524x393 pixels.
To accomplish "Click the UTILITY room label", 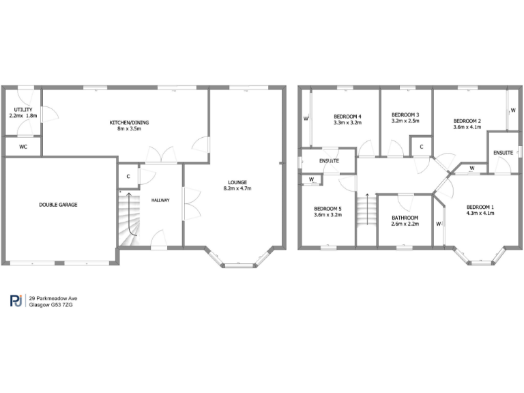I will point(23,109).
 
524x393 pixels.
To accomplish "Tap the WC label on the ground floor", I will point(23,146).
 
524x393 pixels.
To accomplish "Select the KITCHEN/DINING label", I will point(130,122).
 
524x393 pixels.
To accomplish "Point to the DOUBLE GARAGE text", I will point(59,204).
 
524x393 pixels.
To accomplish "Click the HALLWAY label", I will point(160,200).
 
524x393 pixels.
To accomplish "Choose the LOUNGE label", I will point(237,182).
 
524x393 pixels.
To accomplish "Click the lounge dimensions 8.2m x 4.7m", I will point(237,188).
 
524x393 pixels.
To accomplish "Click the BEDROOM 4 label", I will point(347,117).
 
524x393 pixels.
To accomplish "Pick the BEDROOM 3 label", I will point(405,114).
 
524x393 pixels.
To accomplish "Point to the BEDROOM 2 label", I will point(467,119).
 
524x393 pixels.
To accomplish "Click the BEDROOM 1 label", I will point(480,206).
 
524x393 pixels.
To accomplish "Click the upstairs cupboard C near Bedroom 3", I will point(422,146).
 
